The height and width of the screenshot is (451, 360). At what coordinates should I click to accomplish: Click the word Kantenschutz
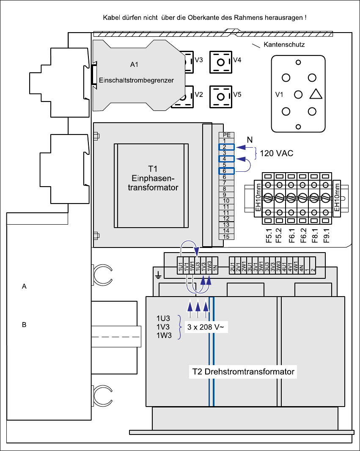point(284,45)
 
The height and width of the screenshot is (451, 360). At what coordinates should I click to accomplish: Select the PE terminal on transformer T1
point(227,135)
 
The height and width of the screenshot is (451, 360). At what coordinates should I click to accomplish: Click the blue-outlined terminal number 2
point(227,147)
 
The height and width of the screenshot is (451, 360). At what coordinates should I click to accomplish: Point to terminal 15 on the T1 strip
point(227,237)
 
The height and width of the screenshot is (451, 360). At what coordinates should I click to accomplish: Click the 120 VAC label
point(277,153)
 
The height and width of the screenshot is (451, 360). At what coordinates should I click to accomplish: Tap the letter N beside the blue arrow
point(250,140)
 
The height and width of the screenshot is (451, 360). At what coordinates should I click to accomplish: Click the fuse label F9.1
point(326,236)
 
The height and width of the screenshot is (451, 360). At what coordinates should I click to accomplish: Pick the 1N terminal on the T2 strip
point(215,265)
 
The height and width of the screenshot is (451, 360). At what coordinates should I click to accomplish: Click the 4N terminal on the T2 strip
point(301,265)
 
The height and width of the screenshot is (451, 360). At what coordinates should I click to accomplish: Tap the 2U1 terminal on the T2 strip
point(232,265)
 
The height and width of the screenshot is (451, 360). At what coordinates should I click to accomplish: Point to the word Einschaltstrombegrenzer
point(136,80)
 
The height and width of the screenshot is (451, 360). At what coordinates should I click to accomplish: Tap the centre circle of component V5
point(221,96)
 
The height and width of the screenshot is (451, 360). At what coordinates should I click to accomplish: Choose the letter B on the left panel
point(24,325)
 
